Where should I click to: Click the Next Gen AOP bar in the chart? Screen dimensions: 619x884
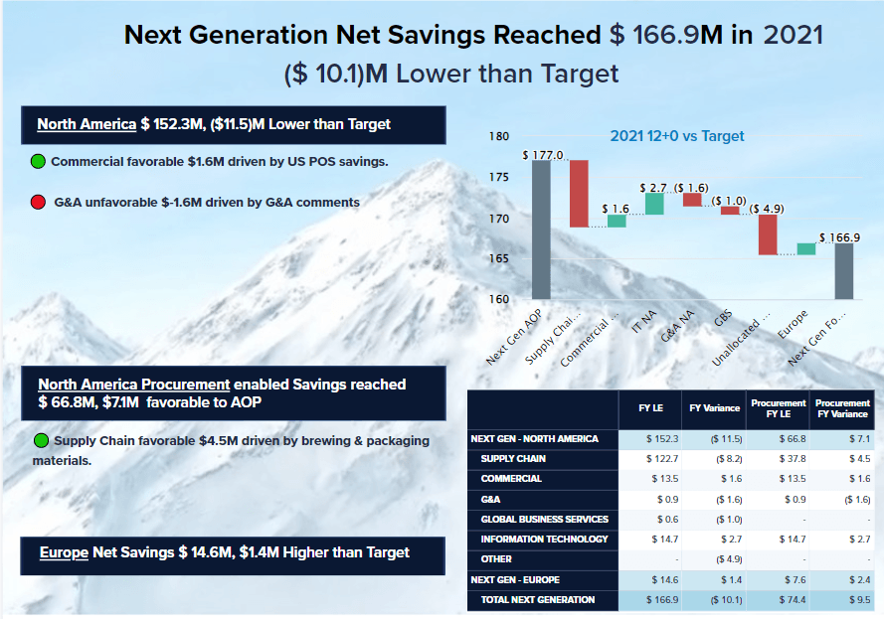541,230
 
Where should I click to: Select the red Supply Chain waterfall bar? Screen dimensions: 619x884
579,194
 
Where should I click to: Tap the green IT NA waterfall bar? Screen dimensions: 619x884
654,204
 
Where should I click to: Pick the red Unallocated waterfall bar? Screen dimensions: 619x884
767,234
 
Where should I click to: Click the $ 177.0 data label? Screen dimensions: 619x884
542,155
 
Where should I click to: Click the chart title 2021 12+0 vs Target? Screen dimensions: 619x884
676,136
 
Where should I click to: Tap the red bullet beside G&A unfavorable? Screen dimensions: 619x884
38,203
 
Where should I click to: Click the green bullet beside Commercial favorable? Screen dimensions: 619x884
38,161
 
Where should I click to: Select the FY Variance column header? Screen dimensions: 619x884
715,409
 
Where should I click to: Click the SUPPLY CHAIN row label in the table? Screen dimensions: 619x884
513,459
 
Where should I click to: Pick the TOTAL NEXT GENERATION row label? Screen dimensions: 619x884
538,599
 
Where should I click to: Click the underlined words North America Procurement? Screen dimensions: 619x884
134,385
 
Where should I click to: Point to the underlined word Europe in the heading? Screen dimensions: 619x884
64,552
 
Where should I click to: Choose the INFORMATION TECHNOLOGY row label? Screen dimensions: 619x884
544,540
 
